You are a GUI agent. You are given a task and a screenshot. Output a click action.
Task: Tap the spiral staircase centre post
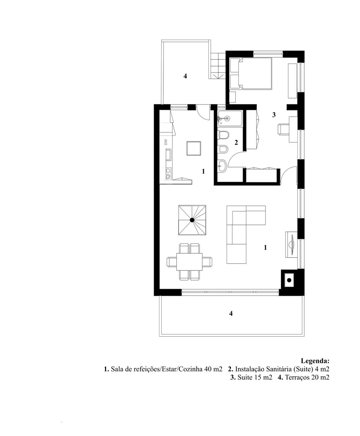coord(192,220)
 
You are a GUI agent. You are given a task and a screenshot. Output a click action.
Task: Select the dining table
coord(189,262)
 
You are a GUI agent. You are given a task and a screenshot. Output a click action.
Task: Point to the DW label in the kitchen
coord(166,142)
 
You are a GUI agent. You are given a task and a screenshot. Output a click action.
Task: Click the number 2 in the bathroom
coord(236,143)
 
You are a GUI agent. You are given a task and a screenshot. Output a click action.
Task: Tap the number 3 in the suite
coord(274,115)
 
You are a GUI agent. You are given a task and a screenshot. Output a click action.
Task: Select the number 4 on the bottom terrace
coord(231,313)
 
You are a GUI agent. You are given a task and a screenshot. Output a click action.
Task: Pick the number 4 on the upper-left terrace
coord(185,76)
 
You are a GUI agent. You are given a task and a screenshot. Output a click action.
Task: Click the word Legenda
coord(315,361)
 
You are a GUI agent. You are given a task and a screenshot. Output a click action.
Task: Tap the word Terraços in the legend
coord(298,377)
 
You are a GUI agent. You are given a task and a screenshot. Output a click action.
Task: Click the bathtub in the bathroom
coord(230,119)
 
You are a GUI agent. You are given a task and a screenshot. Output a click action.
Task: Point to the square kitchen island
coord(194,148)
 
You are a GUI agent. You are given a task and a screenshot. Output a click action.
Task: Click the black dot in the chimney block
coord(289,280)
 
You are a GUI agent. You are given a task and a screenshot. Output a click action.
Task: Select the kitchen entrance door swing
coord(202,113)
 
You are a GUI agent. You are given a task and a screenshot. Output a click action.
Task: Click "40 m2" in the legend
coord(213,369)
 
